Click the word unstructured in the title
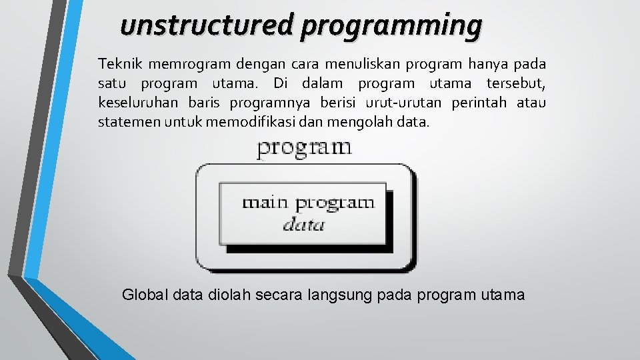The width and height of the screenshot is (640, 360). click(207, 26)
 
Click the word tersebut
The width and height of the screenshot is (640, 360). click(516, 84)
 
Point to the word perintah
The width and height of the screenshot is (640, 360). click(479, 103)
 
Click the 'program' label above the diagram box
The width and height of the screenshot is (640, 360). click(304, 148)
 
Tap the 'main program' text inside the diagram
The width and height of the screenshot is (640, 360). click(308, 202)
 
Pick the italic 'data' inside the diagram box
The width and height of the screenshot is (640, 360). click(304, 225)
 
